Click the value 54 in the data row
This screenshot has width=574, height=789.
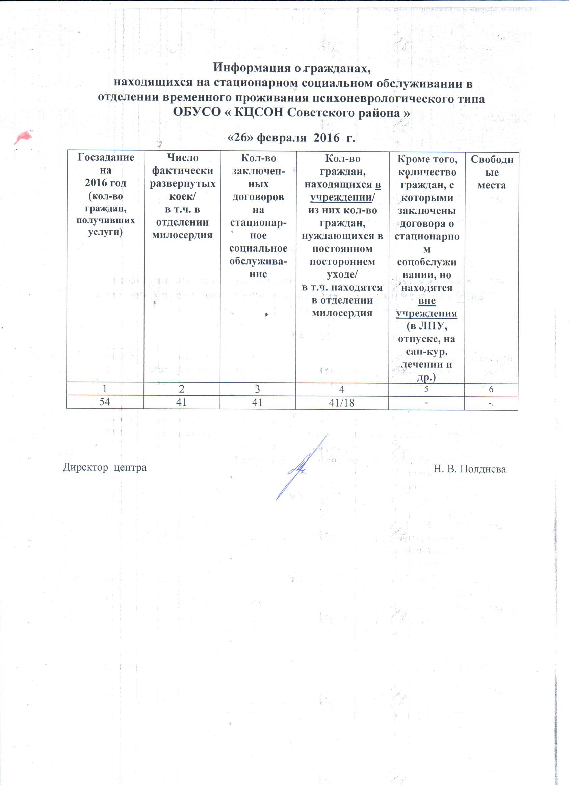coord(105,402)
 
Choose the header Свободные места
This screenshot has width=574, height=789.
coord(492,172)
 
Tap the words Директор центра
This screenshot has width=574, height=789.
coord(104,467)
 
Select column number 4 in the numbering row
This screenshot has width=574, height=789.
coord(342,389)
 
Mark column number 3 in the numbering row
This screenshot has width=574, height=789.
coord(257,389)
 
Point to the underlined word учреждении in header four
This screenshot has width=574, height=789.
coord(341,198)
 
